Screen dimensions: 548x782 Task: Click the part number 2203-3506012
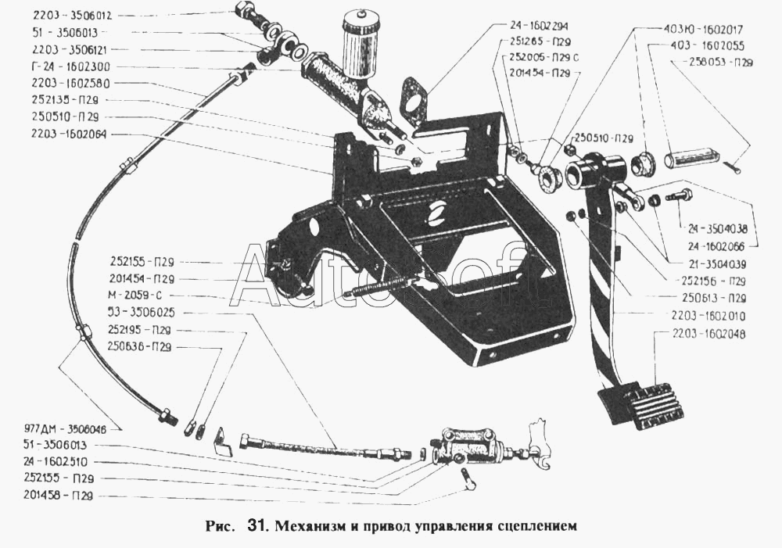tap(61, 15)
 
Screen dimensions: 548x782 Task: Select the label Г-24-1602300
tap(62, 66)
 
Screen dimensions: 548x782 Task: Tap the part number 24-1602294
tap(539, 25)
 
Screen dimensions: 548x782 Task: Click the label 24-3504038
tap(717, 230)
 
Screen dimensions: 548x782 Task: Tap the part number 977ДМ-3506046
tap(66, 428)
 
